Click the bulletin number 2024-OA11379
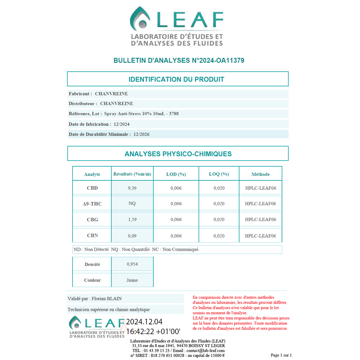pyautogui.click(x=219, y=60)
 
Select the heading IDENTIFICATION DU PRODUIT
pyautogui.click(x=176, y=79)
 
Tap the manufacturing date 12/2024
pyautogui.click(x=121, y=124)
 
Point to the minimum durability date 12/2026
pyautogui.click(x=141, y=134)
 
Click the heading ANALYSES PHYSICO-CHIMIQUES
pyautogui.click(x=178, y=154)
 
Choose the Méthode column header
pyautogui.click(x=260, y=174)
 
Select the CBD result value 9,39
pyautogui.click(x=132, y=188)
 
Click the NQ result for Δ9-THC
pyautogui.click(x=132, y=204)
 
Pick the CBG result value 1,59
pyautogui.click(x=132, y=220)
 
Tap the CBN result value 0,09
pyautogui.click(x=132, y=236)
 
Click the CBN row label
pyautogui.click(x=92, y=235)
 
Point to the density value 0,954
pyautogui.click(x=132, y=264)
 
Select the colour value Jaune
pyautogui.click(x=132, y=280)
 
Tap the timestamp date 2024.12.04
pyautogui.click(x=144, y=321)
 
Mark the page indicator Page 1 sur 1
pyautogui.click(x=281, y=355)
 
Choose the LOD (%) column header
pyautogui.click(x=176, y=174)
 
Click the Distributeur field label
pyautogui.click(x=82, y=104)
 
